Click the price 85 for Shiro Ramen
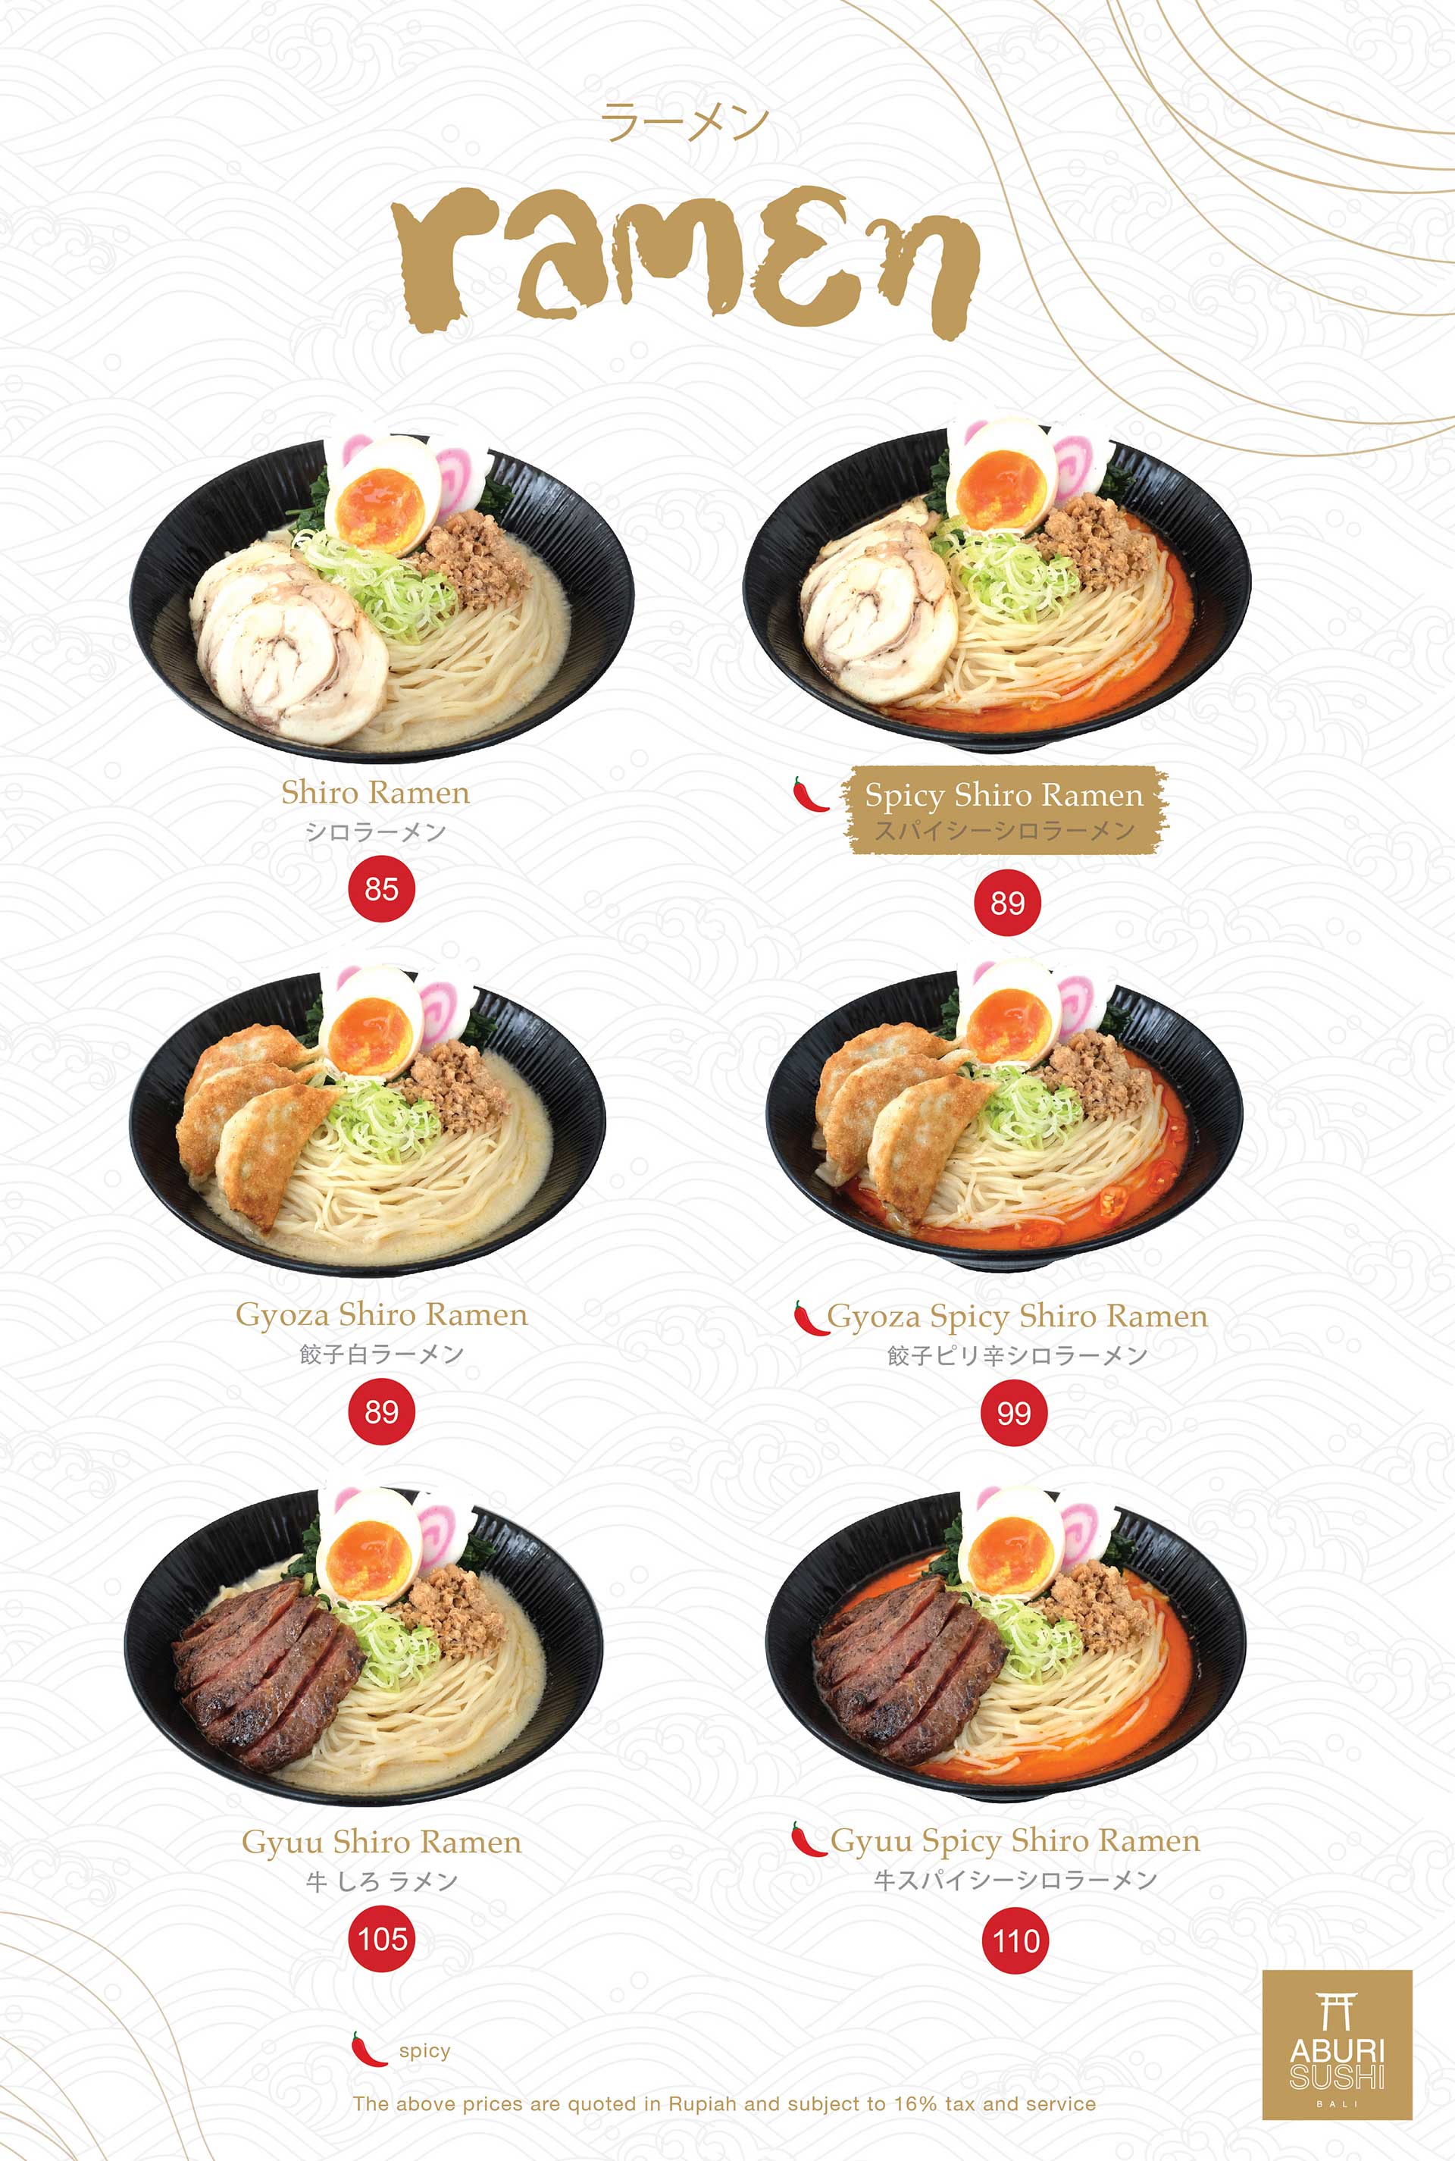[x=380, y=889]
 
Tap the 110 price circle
[x=1015, y=1940]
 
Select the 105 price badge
[x=382, y=1938]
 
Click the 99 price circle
[x=1013, y=1413]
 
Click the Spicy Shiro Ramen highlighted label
[x=1004, y=809]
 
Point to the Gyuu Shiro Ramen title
[x=381, y=1842]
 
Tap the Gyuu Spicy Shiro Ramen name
[x=1015, y=1840]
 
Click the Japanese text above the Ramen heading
[x=685, y=124]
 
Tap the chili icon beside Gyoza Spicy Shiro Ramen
[x=810, y=1317]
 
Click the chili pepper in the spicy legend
[x=368, y=2049]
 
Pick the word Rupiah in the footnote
[x=702, y=2103]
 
